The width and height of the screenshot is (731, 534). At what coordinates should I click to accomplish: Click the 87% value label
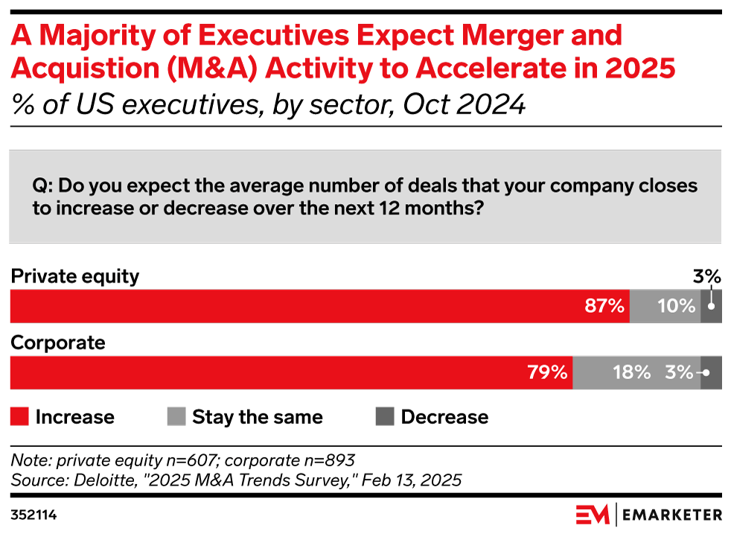[x=604, y=306]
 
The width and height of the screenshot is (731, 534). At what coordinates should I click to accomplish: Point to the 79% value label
[x=548, y=372]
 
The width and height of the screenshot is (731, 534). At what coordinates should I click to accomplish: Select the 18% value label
[x=631, y=372]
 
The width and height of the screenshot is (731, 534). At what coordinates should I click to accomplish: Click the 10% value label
[x=677, y=306]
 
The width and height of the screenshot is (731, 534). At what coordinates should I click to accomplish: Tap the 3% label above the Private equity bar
[x=708, y=277]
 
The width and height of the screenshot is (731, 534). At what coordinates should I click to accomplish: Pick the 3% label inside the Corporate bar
[x=679, y=372]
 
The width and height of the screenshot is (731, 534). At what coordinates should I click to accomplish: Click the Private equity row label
[x=74, y=277]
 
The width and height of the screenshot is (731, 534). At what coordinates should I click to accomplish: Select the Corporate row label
[x=58, y=343]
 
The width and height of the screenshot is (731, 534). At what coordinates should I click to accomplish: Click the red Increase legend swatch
[x=19, y=417]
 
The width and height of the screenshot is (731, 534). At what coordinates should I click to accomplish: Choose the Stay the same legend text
[x=258, y=417]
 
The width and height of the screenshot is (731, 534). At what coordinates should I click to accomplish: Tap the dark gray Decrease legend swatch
[x=384, y=417]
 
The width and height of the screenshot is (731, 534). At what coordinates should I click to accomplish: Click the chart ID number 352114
[x=34, y=515]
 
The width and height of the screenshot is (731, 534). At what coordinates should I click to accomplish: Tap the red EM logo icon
[x=591, y=515]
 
